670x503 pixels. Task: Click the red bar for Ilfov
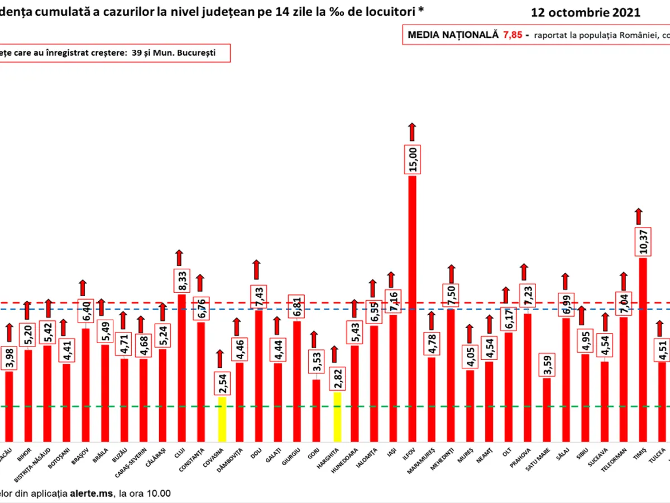click(x=412, y=307)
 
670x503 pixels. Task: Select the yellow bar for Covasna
click(x=222, y=419)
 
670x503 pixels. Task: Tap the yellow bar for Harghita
click(x=337, y=416)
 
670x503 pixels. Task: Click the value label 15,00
click(x=413, y=160)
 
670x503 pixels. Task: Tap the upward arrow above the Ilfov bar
click(x=412, y=131)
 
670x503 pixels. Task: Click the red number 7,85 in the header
click(x=513, y=35)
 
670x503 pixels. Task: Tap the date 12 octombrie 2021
click(x=586, y=12)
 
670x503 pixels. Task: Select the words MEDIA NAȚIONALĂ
click(x=453, y=35)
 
